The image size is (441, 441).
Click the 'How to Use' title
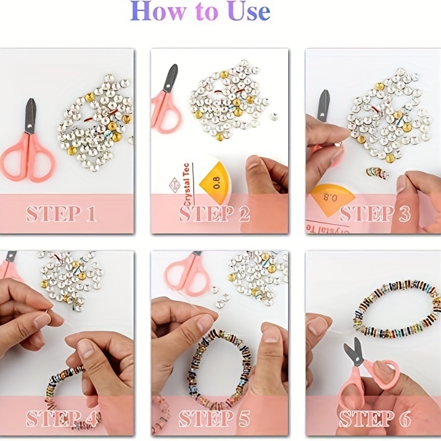200,11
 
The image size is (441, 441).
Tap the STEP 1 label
61,214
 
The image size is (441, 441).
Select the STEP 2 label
214,214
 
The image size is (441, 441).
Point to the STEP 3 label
375,214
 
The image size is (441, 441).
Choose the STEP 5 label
214,418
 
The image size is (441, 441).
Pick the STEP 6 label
375,418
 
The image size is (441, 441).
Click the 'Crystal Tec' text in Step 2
186,184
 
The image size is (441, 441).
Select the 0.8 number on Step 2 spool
216,183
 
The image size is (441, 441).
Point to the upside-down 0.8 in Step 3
330,197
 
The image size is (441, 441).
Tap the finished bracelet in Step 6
396,309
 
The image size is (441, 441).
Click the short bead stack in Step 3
378,173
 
